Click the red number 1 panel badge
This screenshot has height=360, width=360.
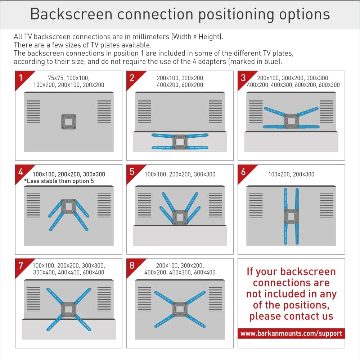[21, 78]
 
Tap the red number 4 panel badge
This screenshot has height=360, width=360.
[21, 172]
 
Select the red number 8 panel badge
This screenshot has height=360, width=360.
[132, 265]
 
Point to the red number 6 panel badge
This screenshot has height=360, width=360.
[243, 172]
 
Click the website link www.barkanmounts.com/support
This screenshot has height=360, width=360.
[291, 333]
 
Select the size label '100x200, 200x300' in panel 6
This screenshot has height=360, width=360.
[291, 174]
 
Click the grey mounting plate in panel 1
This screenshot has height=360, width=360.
[69, 122]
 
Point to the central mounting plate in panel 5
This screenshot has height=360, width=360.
[180, 217]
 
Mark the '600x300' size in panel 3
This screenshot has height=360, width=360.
[329, 85]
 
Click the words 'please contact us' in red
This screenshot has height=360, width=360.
[291, 316]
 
